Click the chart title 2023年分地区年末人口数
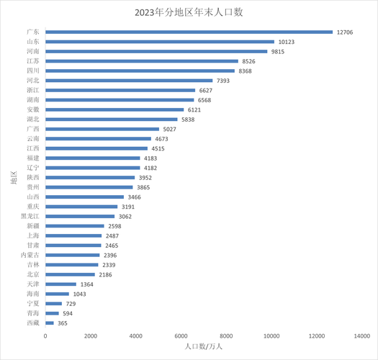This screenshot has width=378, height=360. pyautogui.click(x=189, y=12)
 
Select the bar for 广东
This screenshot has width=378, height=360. pyautogui.click(x=189, y=32)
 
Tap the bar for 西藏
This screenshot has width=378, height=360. pyautogui.click(x=49, y=323)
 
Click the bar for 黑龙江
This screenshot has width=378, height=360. pyautogui.click(x=80, y=216)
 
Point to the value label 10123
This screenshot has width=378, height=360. pyautogui.click(x=286, y=42)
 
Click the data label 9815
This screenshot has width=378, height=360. pyautogui.click(x=279, y=51)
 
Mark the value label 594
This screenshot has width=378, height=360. pyautogui.click(x=68, y=314)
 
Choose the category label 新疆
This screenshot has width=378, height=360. pyautogui.click(x=33, y=226)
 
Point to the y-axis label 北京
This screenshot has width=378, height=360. pyautogui.click(x=33, y=274)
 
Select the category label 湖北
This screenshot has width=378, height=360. pyautogui.click(x=33, y=120)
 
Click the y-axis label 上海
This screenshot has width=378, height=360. pyautogui.click(x=33, y=235)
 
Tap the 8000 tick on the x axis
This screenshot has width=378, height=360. pyautogui.click(x=227, y=336)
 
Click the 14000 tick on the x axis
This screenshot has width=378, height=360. pyautogui.click(x=362, y=336)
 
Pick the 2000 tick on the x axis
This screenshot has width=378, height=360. pyautogui.click(x=91, y=336)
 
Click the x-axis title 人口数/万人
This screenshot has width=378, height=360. pyautogui.click(x=204, y=347)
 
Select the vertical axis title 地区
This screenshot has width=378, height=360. pyautogui.click(x=13, y=177)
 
